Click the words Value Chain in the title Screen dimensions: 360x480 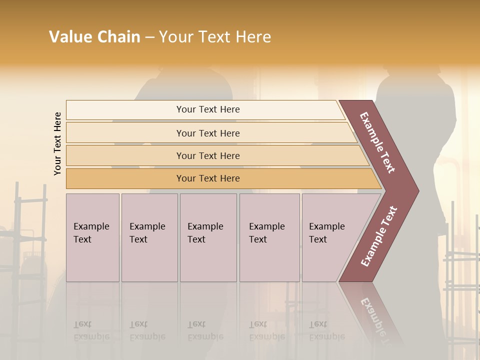pos(94,37)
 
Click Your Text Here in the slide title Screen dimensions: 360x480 pos(215,37)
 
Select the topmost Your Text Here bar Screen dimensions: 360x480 pos(207,109)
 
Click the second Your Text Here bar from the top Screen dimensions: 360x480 pos(207,133)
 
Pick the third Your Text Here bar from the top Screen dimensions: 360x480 pos(207,155)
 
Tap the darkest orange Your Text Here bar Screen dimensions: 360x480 pos(207,178)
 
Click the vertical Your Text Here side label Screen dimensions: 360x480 pos(57,143)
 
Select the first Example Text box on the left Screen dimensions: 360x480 pos(92,237)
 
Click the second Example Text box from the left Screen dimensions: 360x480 pos(149,237)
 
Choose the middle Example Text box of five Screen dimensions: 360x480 pos(208,237)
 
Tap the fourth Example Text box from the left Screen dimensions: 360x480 pos(269,237)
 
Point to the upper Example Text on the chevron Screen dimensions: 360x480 pos(377,142)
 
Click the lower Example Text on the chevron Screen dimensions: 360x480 pos(378,236)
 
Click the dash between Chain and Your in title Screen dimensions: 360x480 pos(149,37)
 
